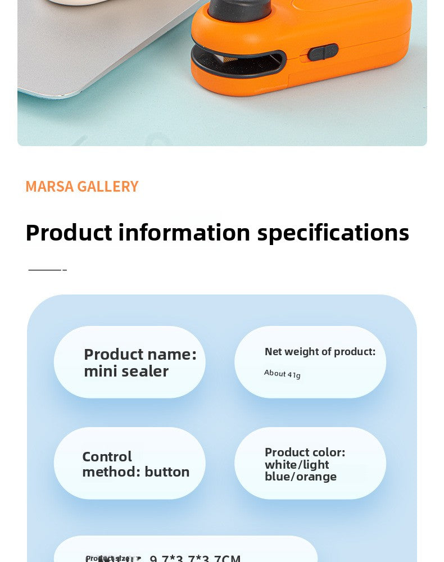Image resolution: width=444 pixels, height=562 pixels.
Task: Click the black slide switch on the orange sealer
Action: pos(323,52)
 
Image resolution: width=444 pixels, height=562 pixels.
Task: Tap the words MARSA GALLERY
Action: pos(81,187)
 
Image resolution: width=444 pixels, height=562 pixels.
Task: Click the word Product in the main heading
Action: pos(69,233)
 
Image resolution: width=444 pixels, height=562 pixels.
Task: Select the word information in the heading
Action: pos(184,233)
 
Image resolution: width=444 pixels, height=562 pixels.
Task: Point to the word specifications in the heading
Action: pos(333,233)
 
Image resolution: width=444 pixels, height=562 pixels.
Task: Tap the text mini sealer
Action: pos(126,371)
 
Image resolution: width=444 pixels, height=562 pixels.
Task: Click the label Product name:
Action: pos(140,355)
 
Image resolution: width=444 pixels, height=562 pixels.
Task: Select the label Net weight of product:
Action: pos(320,352)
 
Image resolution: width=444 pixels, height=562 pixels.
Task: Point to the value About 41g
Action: pos(282,374)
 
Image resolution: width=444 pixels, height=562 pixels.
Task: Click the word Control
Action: pos(107,456)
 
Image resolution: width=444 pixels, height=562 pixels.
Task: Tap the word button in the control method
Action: pos(167,472)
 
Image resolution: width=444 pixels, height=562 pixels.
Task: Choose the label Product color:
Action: pos(305,452)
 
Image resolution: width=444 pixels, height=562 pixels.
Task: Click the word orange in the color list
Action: pos(316,477)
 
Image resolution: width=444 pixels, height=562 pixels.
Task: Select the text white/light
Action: pos(297,465)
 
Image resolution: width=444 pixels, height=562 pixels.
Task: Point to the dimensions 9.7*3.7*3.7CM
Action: pos(195,559)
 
